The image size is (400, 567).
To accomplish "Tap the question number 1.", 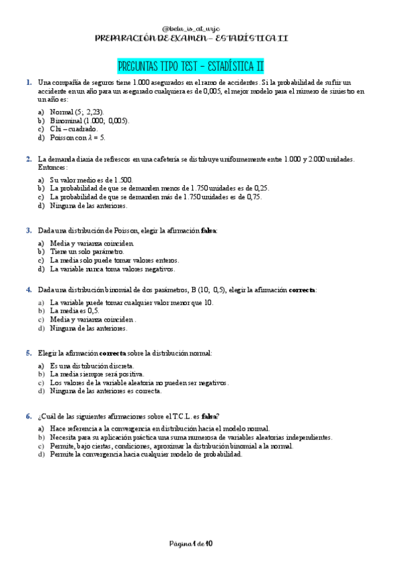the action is [29, 82].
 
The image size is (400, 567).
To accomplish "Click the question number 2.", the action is [29, 159].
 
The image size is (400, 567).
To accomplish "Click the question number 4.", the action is [29, 290].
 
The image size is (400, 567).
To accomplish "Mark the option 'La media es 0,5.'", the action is [75, 311].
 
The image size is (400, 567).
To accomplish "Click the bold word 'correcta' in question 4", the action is [302, 290].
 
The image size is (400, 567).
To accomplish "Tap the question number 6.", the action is [29, 416].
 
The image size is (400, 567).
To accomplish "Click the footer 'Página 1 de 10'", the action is [191, 544].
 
